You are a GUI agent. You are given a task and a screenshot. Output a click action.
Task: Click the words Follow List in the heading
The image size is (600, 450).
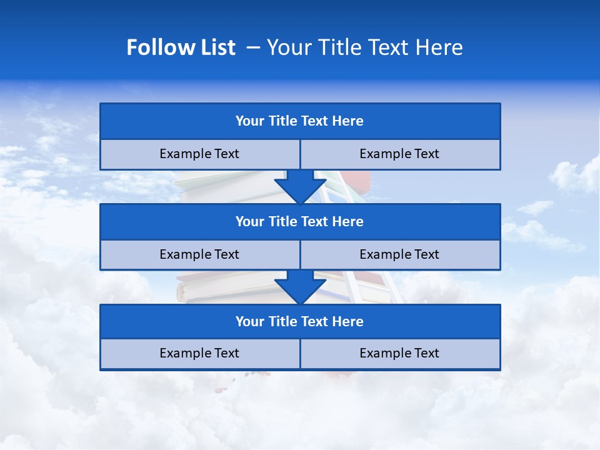coord(181,47)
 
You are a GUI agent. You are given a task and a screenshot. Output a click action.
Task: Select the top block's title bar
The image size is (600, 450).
coord(300,121)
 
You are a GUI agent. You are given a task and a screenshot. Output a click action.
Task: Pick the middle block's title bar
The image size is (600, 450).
coord(300,221)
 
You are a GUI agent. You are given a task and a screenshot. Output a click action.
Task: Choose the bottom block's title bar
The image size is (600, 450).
coord(300,321)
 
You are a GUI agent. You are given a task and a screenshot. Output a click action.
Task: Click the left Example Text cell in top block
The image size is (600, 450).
coord(200,154)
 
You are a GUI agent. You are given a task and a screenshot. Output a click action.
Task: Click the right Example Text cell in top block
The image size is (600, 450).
coord(400,154)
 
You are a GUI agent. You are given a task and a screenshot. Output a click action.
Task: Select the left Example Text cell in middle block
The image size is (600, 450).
coord(200,254)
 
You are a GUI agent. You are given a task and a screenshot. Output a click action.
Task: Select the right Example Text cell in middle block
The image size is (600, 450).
coord(400,254)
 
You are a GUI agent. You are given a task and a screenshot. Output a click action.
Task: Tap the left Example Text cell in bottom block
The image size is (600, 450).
coord(200,353)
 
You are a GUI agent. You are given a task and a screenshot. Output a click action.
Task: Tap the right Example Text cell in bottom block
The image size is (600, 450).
coord(400,353)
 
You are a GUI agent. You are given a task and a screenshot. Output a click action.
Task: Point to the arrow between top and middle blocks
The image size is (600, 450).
coord(300,187)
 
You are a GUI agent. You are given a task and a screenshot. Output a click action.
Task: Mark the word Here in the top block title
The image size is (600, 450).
coord(348,121)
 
